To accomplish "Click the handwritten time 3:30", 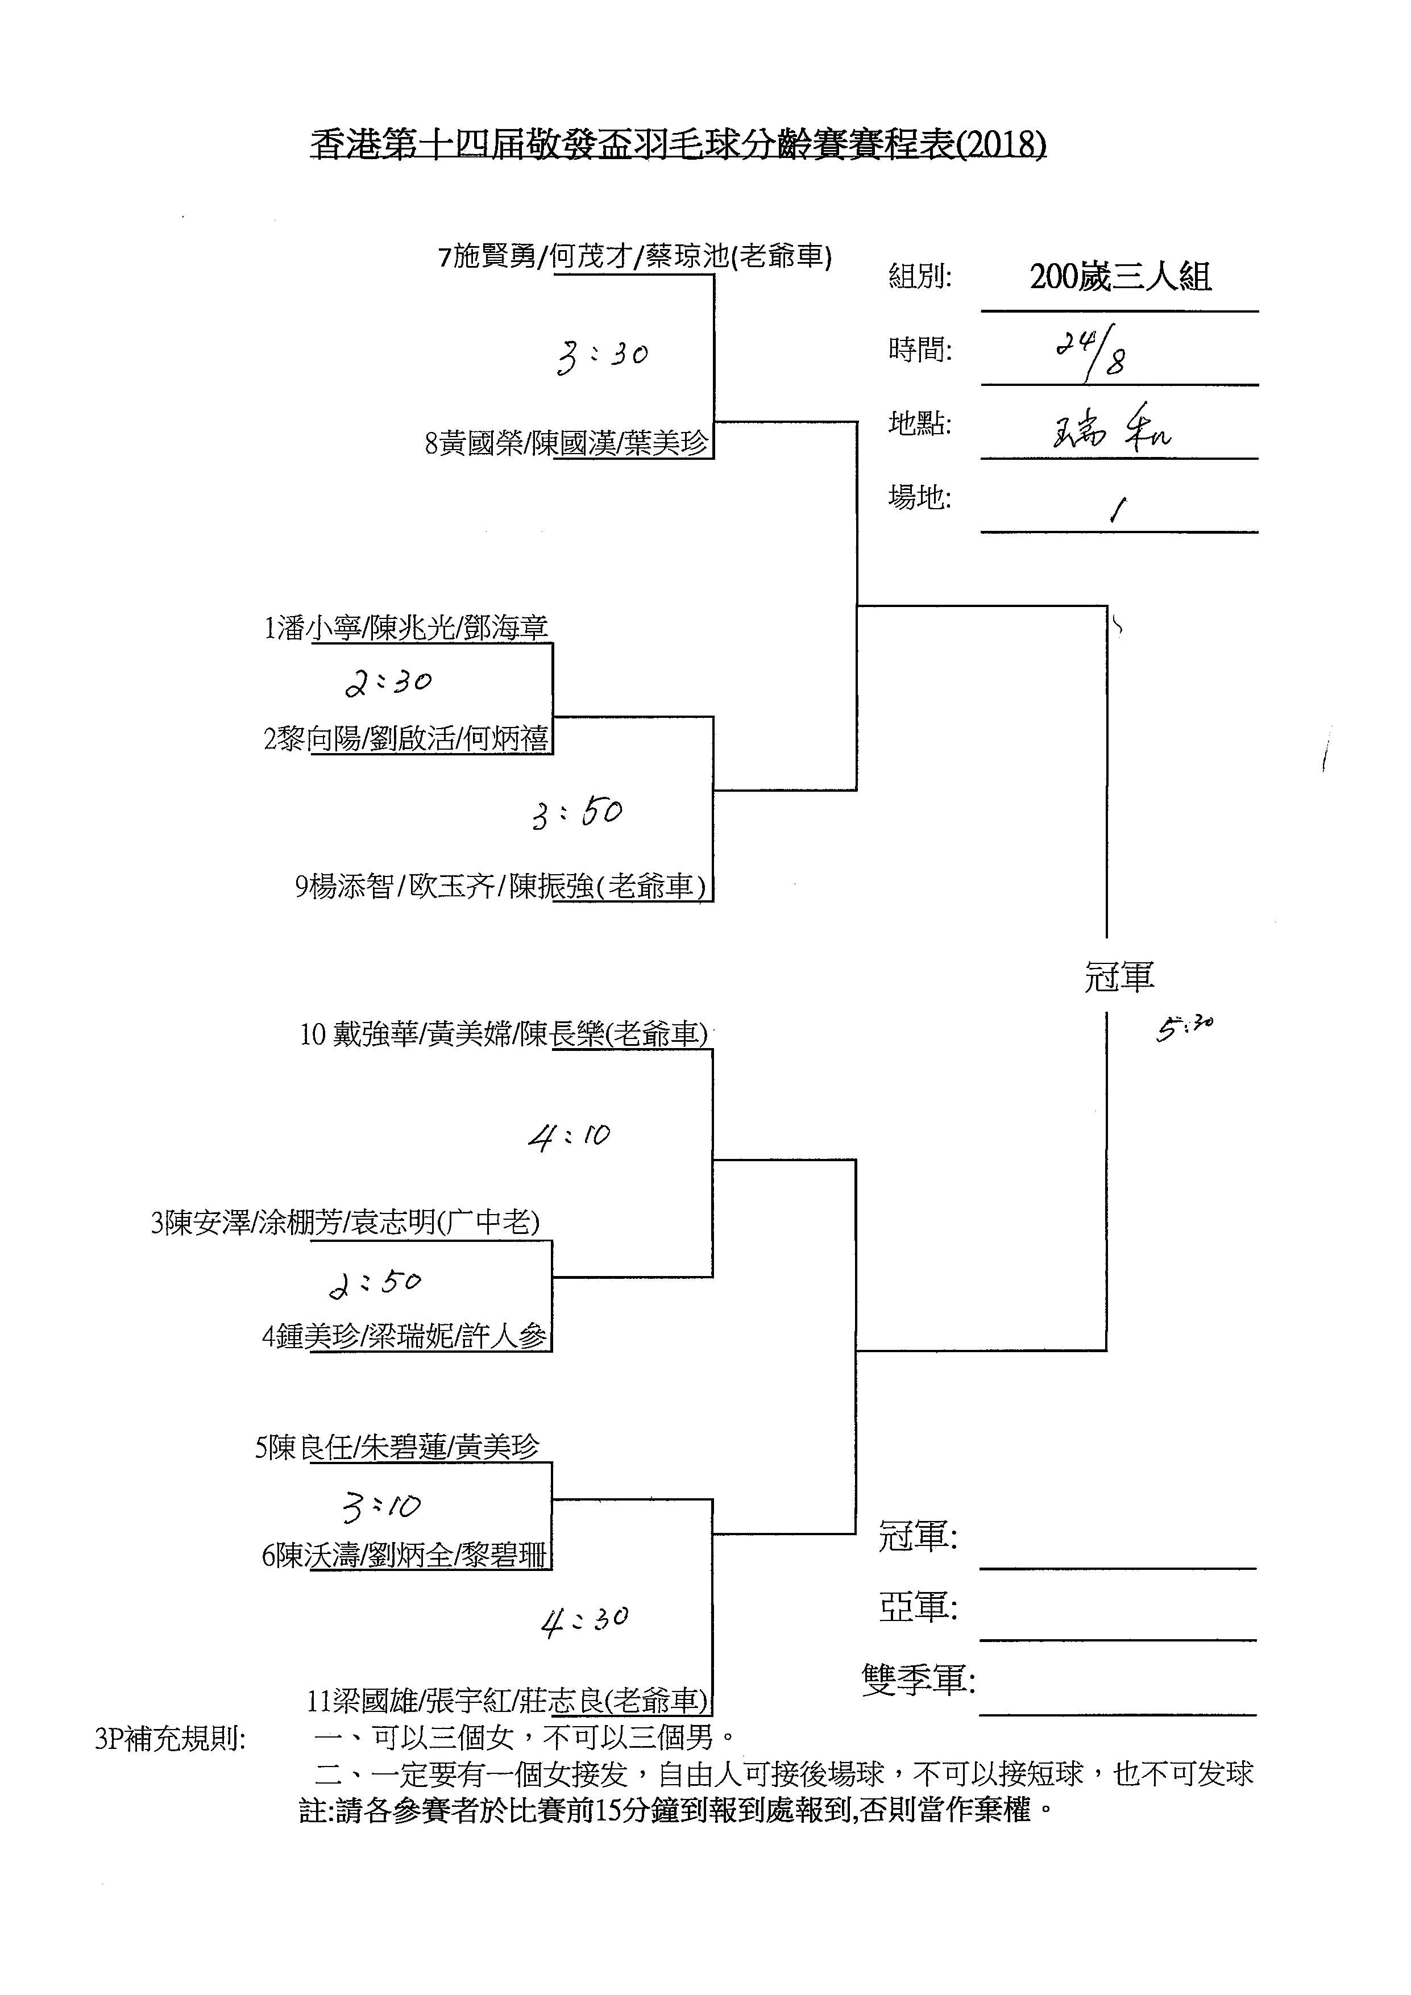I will tap(602, 355).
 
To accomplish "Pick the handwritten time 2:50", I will tap(375, 1283).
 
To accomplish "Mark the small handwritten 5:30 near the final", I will tap(1184, 1028).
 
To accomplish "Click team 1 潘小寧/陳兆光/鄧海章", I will tap(406, 627).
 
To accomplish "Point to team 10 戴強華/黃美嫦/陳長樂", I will tap(503, 1034).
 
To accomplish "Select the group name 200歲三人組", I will tap(1120, 277).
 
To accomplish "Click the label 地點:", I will tap(919, 424).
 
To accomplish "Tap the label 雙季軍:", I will tap(918, 1681).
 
